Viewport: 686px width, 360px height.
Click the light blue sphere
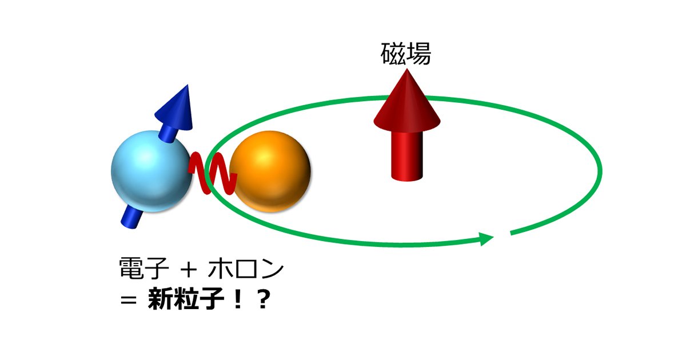pos(151,171)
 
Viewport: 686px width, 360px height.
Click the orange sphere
pos(270,171)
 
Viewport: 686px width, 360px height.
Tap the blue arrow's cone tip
pos(187,85)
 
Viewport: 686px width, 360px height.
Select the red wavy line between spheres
pos(213,173)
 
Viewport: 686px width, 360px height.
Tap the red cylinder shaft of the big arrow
pos(407,156)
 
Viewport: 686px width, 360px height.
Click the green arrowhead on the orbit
pos(486,238)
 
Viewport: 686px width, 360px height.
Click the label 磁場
pos(406,54)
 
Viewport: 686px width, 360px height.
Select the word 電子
pos(144,268)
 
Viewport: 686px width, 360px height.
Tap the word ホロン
pos(246,268)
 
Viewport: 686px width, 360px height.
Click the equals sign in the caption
pos(128,299)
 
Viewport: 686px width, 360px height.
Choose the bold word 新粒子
pos(186,298)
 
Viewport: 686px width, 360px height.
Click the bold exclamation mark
pos(237,298)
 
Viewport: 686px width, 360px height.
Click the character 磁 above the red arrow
pos(393,54)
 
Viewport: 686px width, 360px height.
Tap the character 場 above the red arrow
pos(419,54)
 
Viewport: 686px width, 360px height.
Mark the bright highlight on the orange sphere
pos(263,156)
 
